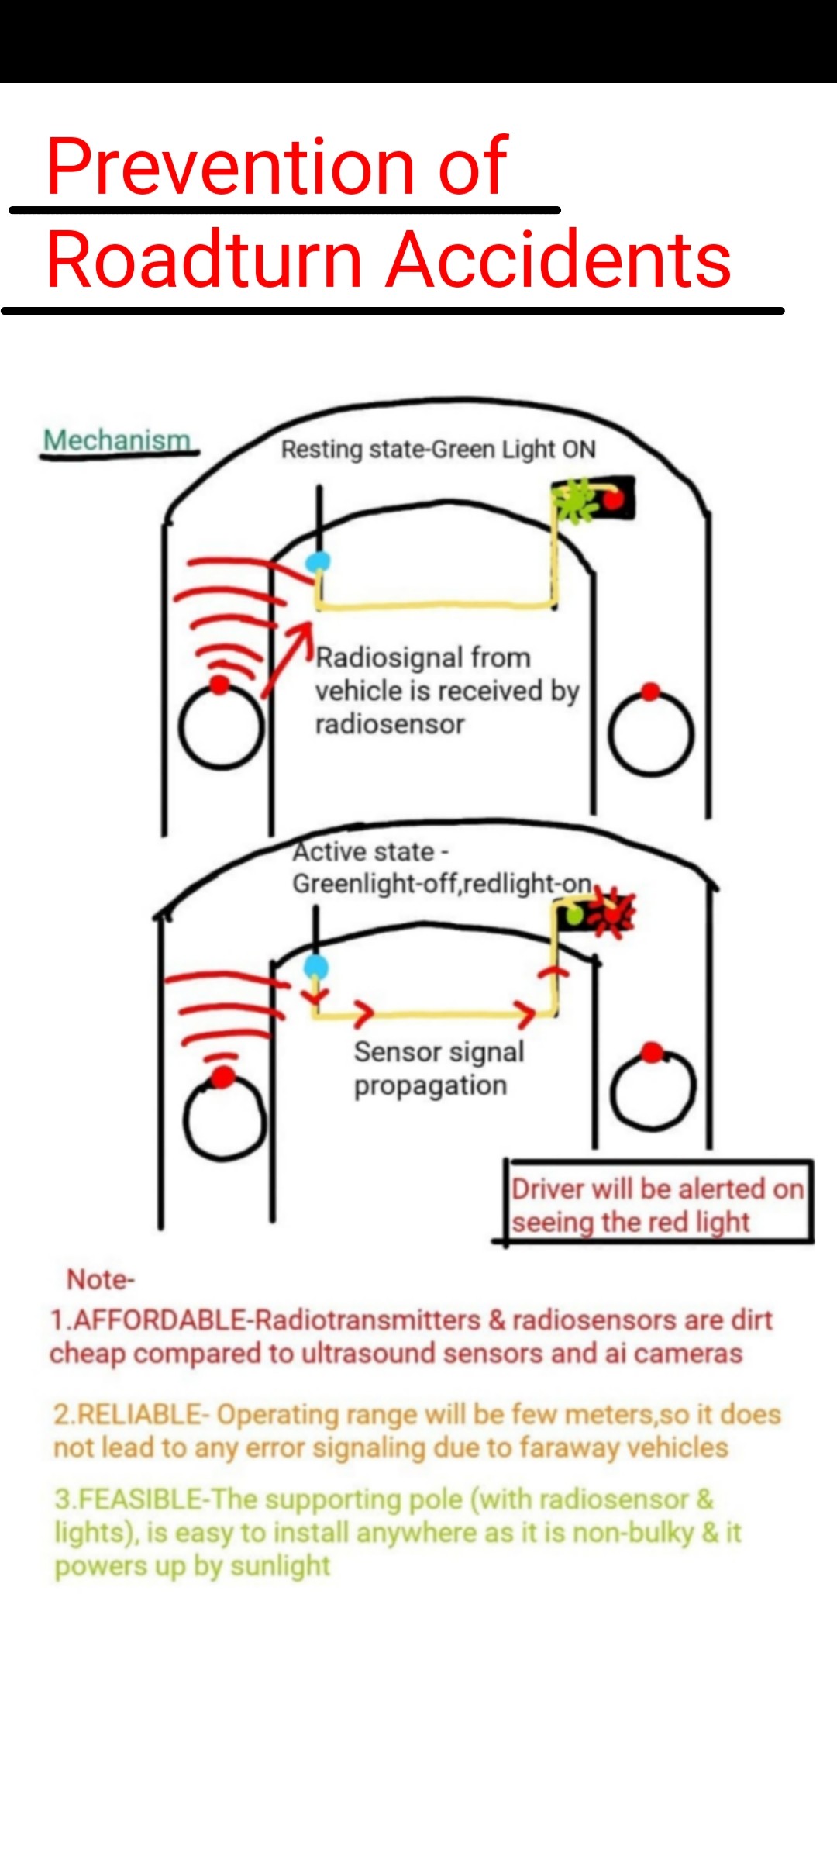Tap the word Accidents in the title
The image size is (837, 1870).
(559, 259)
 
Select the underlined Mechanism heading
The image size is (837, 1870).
(117, 440)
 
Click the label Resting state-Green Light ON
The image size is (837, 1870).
(439, 450)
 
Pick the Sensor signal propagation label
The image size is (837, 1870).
(439, 1068)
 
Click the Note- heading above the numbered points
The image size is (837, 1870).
(101, 1279)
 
